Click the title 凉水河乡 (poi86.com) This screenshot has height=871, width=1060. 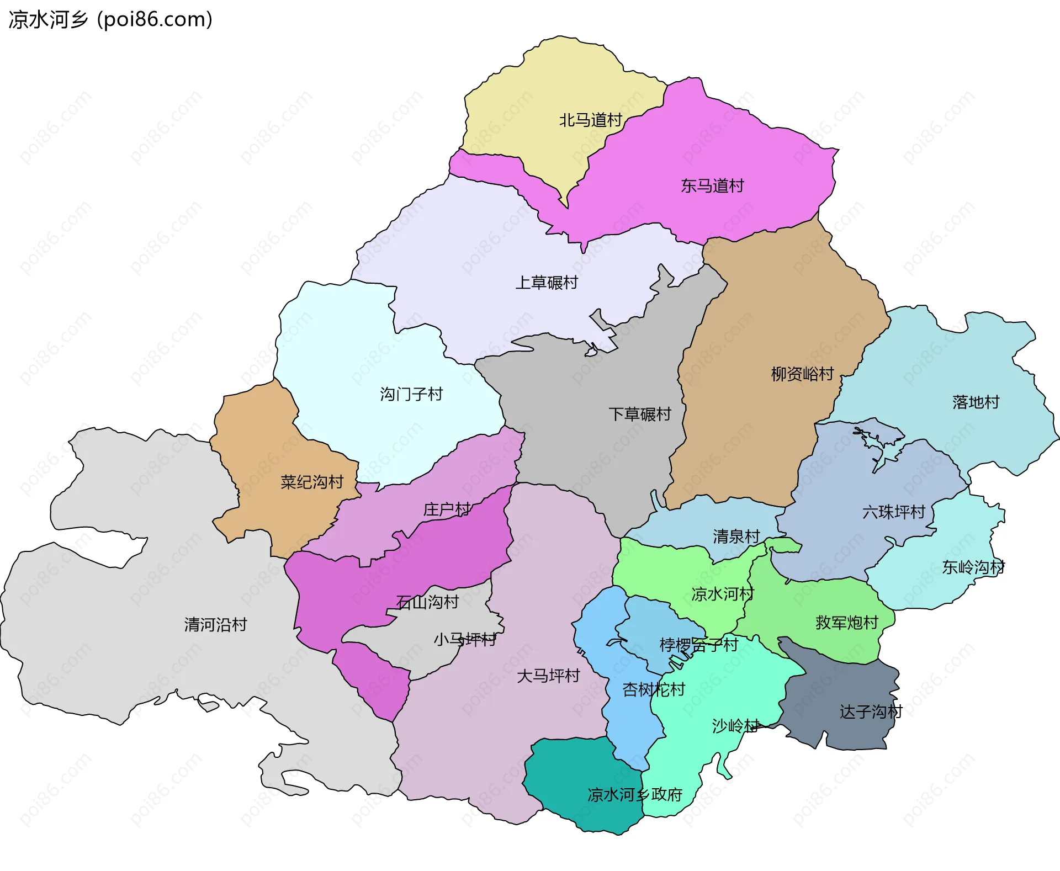click(x=110, y=20)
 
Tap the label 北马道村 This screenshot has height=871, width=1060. click(x=590, y=120)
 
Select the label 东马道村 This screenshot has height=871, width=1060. click(x=712, y=185)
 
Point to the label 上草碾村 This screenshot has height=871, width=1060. click(x=546, y=283)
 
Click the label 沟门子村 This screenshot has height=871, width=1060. click(x=411, y=394)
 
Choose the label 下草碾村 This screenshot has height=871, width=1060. click(x=639, y=414)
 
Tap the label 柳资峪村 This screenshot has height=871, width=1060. click(x=802, y=374)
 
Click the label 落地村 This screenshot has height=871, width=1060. click(x=976, y=402)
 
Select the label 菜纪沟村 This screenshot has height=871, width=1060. click(x=312, y=482)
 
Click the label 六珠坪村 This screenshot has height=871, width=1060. click(x=893, y=512)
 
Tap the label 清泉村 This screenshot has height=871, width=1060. click(x=736, y=536)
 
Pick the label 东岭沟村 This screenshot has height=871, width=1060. click(x=973, y=567)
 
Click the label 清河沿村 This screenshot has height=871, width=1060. click(x=215, y=624)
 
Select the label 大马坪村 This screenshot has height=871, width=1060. click(x=548, y=676)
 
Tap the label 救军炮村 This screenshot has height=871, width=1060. click(x=846, y=623)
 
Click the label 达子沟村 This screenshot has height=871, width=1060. click(x=871, y=711)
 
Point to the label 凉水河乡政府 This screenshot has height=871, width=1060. click(x=634, y=794)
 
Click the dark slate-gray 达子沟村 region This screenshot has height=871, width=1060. click(x=839, y=690)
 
